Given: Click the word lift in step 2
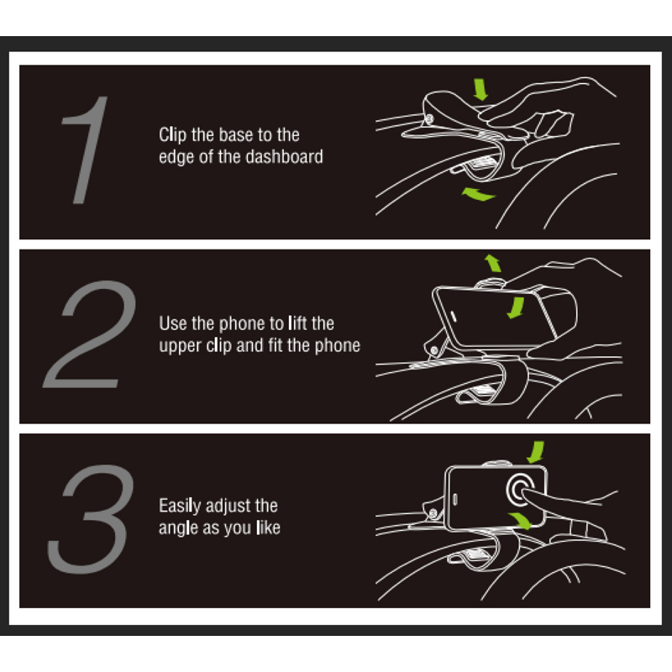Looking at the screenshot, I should click(298, 323).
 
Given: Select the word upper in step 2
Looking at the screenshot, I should click(179, 345).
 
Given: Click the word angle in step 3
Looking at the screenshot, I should click(178, 528).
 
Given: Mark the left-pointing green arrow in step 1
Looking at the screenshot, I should click(479, 195).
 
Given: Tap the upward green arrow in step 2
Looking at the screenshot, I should click(492, 264).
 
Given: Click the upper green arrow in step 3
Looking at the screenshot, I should click(534, 451).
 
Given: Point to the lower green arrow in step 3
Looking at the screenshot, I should click(521, 522).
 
